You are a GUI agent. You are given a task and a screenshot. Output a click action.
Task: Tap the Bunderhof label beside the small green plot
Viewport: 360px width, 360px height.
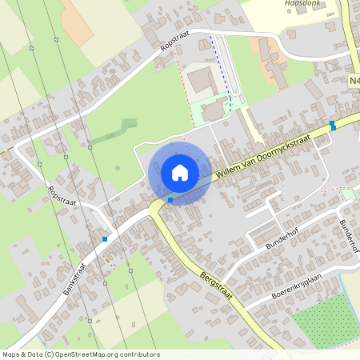348,236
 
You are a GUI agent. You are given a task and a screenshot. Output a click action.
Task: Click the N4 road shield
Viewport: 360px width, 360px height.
354,81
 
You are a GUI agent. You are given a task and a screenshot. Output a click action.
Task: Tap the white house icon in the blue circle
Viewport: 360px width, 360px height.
180,173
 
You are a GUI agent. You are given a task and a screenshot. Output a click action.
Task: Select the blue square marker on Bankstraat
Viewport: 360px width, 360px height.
105,238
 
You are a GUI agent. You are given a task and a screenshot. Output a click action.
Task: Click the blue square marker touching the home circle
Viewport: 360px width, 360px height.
170,198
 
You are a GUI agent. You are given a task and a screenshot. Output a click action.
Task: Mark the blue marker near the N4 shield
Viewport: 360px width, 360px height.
333,126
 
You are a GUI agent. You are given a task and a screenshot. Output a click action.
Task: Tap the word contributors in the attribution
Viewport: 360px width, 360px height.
140,354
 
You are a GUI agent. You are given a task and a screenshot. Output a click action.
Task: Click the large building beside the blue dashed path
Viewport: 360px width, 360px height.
202,80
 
